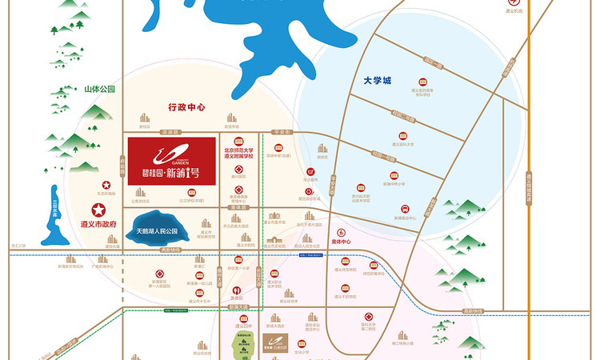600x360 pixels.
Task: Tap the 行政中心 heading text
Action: click(x=187, y=106)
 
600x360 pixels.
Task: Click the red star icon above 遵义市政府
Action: click(x=98, y=210)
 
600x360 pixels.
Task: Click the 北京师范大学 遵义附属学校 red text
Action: click(x=238, y=152)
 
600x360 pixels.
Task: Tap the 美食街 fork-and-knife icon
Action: click(x=236, y=290)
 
